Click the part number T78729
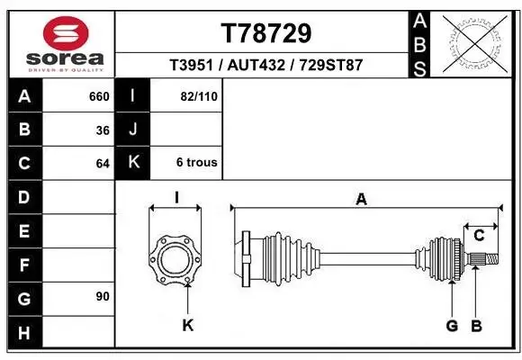point(266,33)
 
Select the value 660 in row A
point(98,95)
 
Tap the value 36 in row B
point(103,130)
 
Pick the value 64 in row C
point(103,164)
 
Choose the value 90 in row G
point(102,296)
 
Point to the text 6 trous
point(197,163)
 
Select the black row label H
point(23,332)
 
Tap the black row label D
point(23,197)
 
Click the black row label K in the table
point(133,163)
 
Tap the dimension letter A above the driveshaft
point(361,200)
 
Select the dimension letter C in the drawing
point(480,236)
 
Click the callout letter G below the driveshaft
point(452,325)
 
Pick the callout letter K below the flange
point(188,325)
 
